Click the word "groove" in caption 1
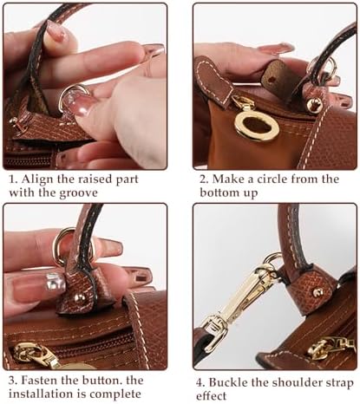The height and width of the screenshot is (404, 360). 78,192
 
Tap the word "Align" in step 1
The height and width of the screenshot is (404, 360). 36,179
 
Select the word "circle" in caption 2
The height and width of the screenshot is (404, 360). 272,179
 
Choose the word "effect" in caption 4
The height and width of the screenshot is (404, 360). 211,395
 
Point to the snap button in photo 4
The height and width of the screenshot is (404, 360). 317,292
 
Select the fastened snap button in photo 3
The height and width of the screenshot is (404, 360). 78,297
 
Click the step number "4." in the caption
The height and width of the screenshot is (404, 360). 200,383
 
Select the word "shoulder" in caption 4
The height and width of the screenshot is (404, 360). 292,382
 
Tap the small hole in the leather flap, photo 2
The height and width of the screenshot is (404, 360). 271,78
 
